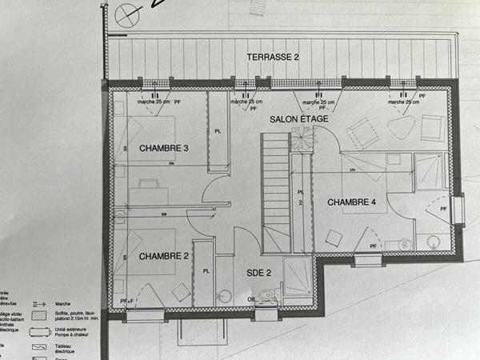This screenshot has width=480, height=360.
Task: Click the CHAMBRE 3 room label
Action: coord(164,148)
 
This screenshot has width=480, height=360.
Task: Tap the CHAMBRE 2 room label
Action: coord(163,256)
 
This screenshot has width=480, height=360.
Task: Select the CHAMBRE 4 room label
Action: coord(351,202)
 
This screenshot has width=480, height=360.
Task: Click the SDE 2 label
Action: coord(258,273)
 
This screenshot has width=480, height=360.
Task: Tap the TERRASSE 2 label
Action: coord(271,57)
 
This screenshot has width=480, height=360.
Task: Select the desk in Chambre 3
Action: coord(149,185)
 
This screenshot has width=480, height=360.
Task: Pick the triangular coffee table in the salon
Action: coord(399,127)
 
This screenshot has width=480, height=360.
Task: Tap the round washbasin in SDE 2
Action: coord(225,297)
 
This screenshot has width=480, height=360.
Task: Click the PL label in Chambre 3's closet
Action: coord(217,132)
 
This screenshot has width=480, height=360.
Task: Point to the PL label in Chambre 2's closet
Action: coord(206,271)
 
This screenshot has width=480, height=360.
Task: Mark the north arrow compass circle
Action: coord(126,14)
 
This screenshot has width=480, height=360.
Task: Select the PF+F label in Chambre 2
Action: coord(126,300)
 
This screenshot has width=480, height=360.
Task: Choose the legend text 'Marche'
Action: coord(65,303)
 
